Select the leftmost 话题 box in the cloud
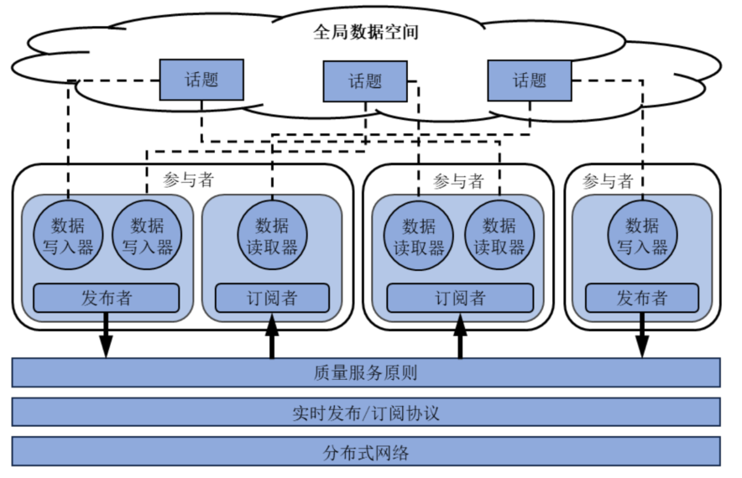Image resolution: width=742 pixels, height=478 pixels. pos(201,80)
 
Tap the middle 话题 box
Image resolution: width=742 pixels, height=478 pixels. pos(365,81)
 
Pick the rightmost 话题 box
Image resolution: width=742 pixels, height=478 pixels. pos(530,81)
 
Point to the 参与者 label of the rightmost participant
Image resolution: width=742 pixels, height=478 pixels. pos(606,181)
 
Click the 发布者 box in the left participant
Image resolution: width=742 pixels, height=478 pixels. pos(106,298)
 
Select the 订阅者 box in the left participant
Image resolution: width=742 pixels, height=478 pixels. pos(271,298)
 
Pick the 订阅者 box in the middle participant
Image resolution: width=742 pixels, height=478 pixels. pos(459,298)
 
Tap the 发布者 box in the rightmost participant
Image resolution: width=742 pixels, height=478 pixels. pos(642,298)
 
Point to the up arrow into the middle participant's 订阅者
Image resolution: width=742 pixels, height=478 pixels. pos(460,337)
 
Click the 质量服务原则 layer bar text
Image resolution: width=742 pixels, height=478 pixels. pos(366,372)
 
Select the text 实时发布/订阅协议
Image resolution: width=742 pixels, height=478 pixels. pos(366,413)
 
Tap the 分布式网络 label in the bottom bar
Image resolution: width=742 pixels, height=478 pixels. pos(366,452)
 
